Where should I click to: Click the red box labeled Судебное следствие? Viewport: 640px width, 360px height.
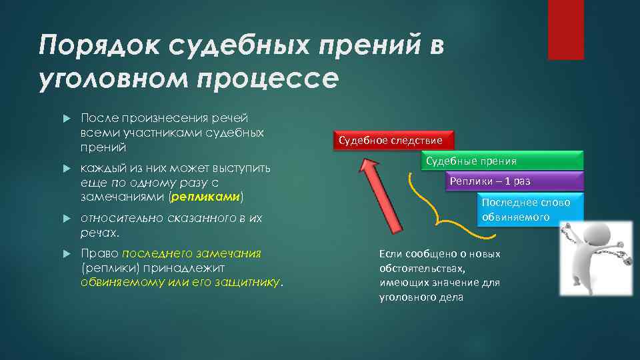pyautogui.click(x=390, y=141)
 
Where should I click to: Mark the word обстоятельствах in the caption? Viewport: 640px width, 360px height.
pyautogui.click(x=421, y=269)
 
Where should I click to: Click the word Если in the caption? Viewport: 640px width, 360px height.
pyautogui.click(x=390, y=254)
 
